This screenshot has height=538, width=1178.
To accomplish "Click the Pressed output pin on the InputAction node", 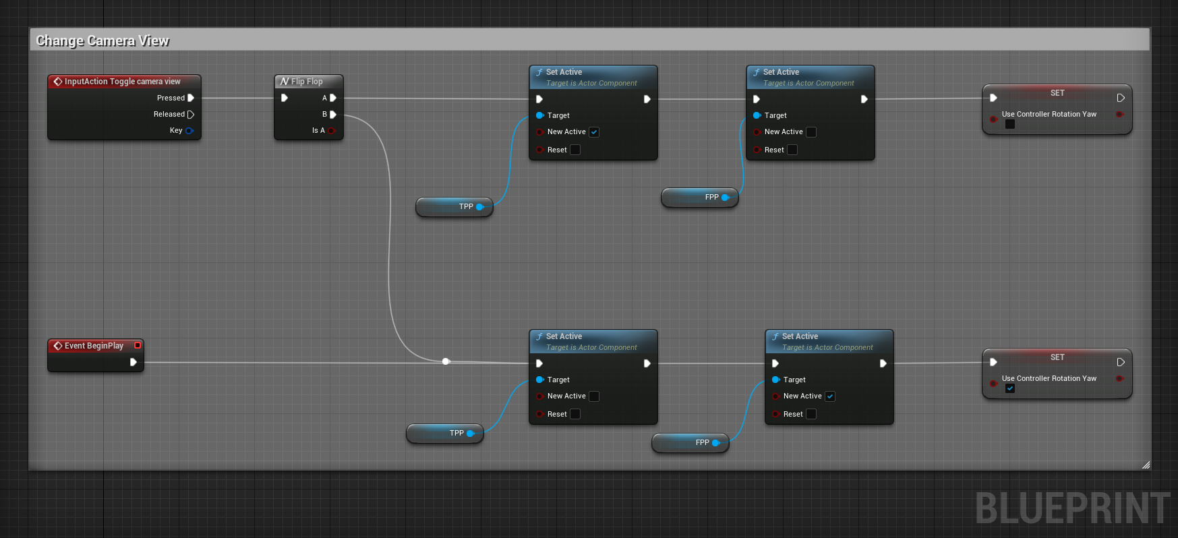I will click(191, 98).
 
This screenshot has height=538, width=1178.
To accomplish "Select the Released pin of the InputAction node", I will click(191, 115).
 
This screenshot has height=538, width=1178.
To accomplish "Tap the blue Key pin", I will click(189, 131).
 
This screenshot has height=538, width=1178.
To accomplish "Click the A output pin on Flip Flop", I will click(332, 98).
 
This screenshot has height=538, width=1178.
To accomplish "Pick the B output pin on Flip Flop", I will click(332, 115).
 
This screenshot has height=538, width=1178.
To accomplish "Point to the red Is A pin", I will click(331, 131).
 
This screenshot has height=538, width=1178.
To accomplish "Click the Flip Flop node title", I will click(307, 82).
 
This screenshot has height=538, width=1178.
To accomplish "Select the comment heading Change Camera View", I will click(102, 40).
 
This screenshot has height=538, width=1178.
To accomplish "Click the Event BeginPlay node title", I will click(94, 346).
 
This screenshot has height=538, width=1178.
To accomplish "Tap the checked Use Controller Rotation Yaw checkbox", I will click(1009, 388).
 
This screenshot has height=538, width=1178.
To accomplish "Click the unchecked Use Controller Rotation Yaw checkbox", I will click(1009, 124).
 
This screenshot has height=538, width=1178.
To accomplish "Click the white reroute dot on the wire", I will click(446, 361).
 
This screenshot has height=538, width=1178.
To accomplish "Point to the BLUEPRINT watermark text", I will click(1072, 508).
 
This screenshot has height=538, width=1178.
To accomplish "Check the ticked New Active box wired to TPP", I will click(593, 132).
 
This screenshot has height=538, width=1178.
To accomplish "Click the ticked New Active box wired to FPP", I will click(829, 396).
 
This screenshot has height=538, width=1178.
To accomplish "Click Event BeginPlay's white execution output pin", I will click(134, 362).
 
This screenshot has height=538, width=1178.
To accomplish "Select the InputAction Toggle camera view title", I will click(122, 82).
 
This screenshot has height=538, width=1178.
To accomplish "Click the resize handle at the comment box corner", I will click(1146, 465).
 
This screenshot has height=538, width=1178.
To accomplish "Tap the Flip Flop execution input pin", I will click(285, 98).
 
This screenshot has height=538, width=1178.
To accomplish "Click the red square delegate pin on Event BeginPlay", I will click(138, 345).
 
